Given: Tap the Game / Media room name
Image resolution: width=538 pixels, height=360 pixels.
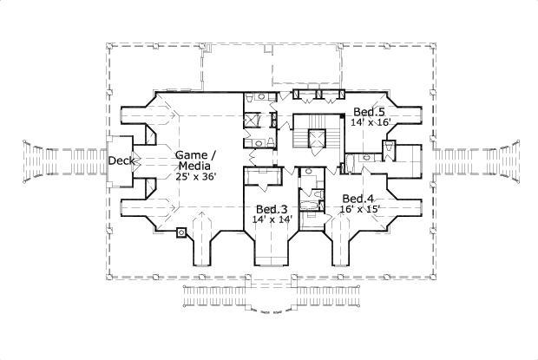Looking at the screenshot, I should pos(196,160).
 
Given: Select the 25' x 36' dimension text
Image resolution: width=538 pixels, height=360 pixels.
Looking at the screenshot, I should pos(196,176).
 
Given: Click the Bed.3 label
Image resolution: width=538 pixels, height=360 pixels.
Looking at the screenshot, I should pos(271,209).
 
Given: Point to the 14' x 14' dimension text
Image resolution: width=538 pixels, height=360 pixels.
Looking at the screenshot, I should pos(271,219).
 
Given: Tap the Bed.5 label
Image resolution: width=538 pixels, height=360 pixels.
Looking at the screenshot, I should pos(369,112).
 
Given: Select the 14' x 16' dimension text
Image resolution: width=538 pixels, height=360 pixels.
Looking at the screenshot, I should pos(371,123).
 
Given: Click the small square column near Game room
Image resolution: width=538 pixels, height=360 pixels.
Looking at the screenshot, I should pos(180,232).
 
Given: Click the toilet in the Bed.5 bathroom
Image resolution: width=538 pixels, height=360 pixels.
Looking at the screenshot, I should pos(368,158).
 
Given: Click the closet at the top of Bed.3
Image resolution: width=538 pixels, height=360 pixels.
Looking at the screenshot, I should pos(260,179).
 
